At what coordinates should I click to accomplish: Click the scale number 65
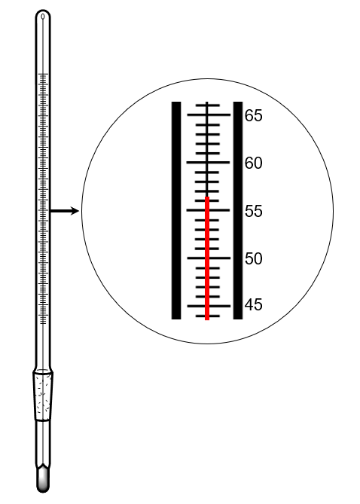pos(254,115)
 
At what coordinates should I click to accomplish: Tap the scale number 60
pos(254,163)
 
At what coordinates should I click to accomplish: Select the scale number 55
pos(254,211)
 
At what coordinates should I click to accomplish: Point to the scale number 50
pos(254,258)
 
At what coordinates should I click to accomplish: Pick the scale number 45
pos(254,304)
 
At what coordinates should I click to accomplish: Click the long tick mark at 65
pos(209,115)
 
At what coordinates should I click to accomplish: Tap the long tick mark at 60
pos(209,163)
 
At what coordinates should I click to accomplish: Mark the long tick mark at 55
pos(209,210)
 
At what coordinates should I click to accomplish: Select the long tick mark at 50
pos(209,258)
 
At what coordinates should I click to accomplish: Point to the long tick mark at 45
pos(209,306)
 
